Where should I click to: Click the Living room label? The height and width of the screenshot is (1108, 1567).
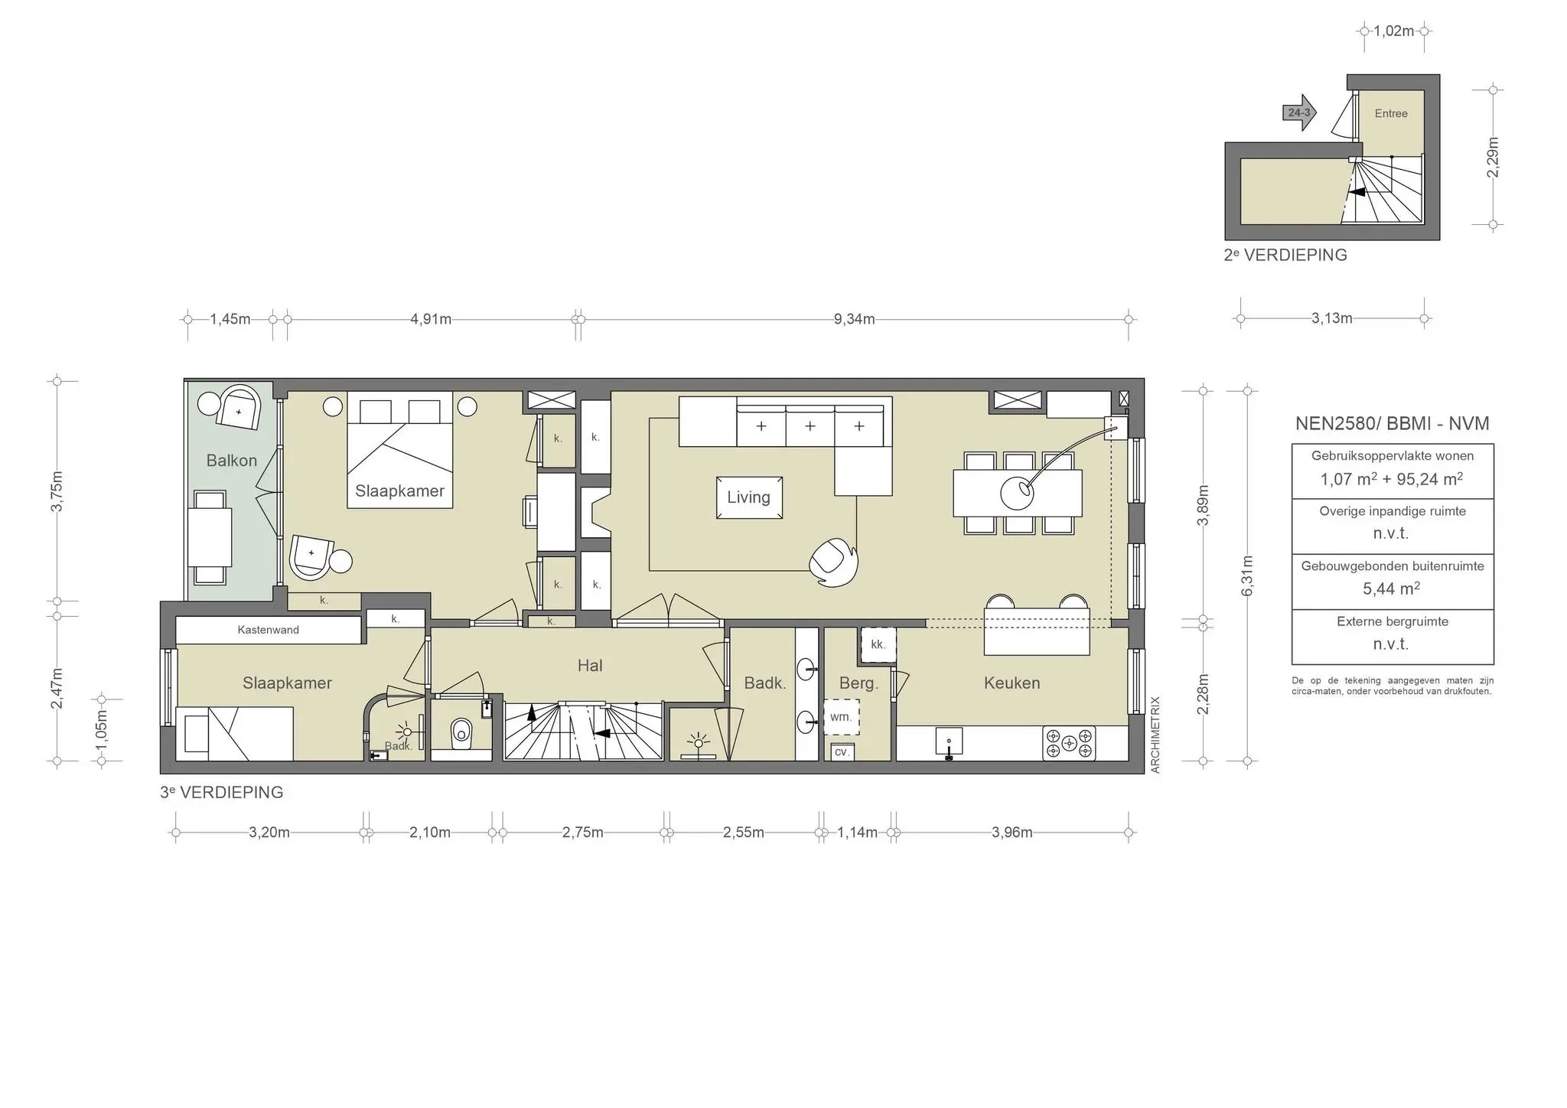(x=748, y=497)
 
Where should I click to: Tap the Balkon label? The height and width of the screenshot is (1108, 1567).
(x=231, y=461)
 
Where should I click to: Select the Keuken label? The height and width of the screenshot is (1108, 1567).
(x=1012, y=683)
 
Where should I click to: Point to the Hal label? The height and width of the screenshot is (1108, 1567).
(x=589, y=666)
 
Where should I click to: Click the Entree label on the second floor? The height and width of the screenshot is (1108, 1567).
(x=1390, y=113)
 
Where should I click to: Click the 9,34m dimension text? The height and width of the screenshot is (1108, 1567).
(x=854, y=319)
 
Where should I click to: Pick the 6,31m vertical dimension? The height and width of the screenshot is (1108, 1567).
(x=1247, y=575)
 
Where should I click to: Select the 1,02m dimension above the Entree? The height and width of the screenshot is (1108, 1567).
(x=1393, y=31)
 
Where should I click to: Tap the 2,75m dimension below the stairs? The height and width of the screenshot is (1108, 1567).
(x=582, y=833)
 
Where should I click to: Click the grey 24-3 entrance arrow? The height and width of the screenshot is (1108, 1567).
(x=1299, y=112)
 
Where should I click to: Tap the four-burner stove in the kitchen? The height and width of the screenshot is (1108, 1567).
(x=1069, y=743)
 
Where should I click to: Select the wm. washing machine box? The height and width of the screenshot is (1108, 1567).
(x=841, y=717)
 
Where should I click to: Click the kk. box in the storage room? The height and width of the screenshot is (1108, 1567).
(x=878, y=644)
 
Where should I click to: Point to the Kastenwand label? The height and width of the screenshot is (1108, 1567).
(x=268, y=630)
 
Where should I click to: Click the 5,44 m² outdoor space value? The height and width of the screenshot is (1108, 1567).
(x=1390, y=588)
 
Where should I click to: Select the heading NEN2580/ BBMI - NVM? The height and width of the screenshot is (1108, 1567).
(x=1392, y=423)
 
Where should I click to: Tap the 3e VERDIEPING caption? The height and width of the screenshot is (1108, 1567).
(x=221, y=793)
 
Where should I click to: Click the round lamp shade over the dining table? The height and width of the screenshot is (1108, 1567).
(x=1017, y=493)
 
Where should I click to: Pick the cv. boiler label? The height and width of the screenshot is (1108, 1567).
(x=841, y=752)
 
